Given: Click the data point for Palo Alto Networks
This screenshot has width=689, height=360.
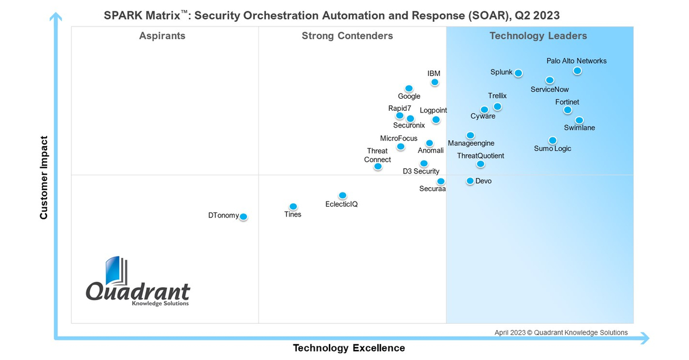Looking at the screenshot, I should pos(577,71).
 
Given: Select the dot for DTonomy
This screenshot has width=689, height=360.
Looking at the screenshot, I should pos(243,216).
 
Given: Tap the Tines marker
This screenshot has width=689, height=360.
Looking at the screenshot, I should pos(293,207).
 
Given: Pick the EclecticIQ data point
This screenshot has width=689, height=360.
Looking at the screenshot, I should pos(342,195).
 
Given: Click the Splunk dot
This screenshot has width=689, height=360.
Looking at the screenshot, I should pos(518,73).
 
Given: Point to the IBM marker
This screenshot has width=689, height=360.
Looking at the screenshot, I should pos(435,82).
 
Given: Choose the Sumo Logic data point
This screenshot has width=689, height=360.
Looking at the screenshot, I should pos(552,140).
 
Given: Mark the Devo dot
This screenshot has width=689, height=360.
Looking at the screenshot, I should pos(470,181).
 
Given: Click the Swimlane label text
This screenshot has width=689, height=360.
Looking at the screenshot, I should pos(579,128).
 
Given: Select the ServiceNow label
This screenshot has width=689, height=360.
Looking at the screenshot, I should pos(549,90).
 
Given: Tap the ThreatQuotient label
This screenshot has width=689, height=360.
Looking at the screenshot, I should pos(481,156).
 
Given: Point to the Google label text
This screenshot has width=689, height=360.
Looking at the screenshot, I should pos(409,96).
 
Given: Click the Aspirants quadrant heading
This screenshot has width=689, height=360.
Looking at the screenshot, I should pos(162,36).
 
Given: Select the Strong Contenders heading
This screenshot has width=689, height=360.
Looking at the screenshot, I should pos(347,36).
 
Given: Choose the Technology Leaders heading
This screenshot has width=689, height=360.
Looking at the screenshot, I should pos(538,36).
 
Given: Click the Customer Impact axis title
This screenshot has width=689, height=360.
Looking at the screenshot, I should pos(44,177).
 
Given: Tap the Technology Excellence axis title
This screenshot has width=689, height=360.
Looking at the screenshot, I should pos(349,348).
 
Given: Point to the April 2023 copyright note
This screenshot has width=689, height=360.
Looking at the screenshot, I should pos(561,332).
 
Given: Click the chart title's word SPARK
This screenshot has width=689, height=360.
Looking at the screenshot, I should pos(122,16).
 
